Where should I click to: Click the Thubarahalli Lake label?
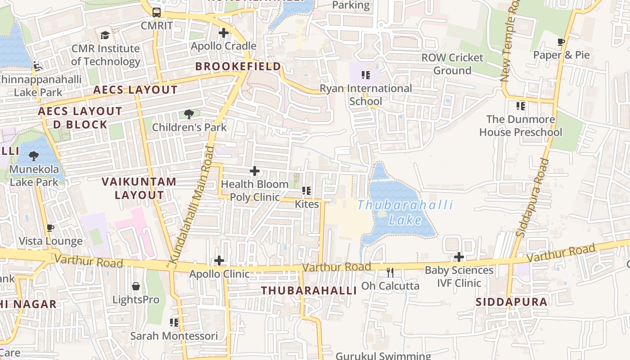[405, 212]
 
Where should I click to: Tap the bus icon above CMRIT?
[156, 13]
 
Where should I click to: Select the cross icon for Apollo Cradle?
[223, 33]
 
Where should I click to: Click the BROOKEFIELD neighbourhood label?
[238, 67]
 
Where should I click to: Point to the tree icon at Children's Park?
[189, 114]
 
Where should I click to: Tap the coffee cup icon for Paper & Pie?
[561, 42]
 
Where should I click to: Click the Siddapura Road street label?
[532, 198]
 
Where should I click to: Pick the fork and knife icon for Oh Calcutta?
[390, 272]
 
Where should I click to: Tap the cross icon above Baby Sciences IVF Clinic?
[459, 257]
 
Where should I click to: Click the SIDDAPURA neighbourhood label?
[512, 302]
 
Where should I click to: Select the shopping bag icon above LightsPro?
[135, 286]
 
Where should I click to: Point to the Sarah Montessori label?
[174, 336]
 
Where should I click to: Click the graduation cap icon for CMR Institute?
[105, 35]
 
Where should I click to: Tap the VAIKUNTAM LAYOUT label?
[139, 189]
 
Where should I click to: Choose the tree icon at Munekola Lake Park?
[33, 156]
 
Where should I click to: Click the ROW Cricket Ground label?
[452, 64]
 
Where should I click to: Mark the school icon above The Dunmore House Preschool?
[520, 106]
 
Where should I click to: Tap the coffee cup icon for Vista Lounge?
[50, 228]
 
